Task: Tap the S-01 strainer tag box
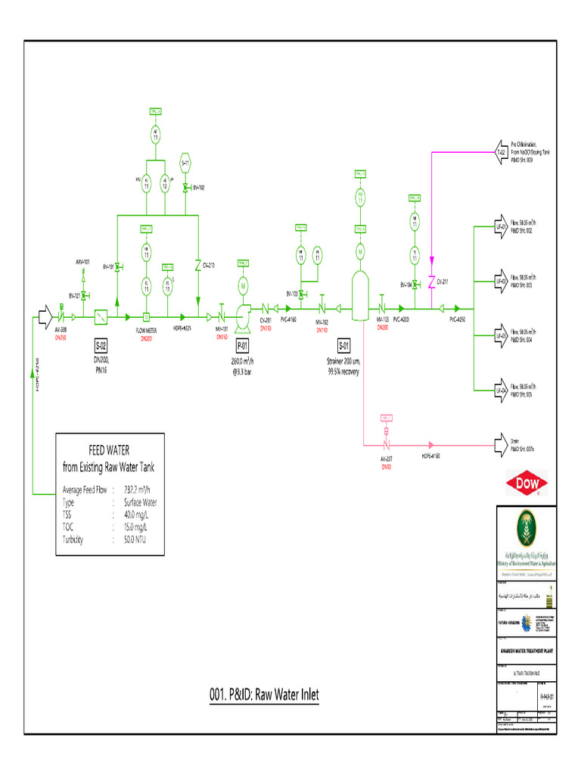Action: point(344,346)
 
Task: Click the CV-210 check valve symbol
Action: point(198,266)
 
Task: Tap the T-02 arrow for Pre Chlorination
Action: point(500,152)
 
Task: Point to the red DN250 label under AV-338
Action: point(61,338)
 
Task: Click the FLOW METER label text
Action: point(146,331)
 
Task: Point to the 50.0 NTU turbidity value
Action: point(132,540)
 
